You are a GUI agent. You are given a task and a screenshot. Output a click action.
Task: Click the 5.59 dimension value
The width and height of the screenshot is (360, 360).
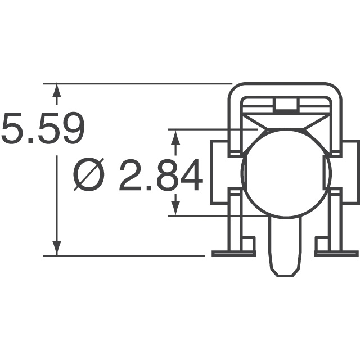pos(43,129)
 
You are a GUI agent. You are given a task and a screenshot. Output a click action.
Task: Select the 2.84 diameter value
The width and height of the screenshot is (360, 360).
pos(161,175)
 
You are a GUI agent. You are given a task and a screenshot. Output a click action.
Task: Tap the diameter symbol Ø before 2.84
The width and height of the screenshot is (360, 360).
pos(90,176)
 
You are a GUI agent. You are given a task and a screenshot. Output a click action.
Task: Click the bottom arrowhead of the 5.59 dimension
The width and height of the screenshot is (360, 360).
pos(56,248)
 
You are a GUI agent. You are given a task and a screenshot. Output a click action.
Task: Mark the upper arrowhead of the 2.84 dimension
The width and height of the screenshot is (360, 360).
pos(176,138)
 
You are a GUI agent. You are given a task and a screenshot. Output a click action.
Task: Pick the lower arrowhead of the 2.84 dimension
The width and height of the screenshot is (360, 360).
pos(176,208)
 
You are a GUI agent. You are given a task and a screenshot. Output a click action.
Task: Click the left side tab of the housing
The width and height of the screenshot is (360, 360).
pos(220,172)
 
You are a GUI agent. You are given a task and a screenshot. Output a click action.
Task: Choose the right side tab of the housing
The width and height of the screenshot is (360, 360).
pos(350,172)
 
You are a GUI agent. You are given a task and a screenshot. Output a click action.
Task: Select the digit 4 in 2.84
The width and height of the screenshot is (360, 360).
pos(189,175)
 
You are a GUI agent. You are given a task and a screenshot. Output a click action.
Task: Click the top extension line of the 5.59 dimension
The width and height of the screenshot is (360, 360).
pos(141,84)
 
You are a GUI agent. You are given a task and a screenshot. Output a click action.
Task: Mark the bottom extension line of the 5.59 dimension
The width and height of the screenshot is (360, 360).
pos(129,256)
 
